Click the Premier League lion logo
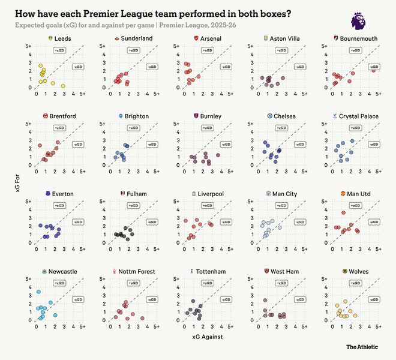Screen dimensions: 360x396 (358, 22)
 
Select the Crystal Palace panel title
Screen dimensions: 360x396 (359, 116)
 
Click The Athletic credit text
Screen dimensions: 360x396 (362, 347)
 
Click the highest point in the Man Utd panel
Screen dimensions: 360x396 (344, 212)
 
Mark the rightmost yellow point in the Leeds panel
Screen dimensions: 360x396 (64, 86)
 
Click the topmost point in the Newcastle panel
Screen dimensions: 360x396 (38, 292)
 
